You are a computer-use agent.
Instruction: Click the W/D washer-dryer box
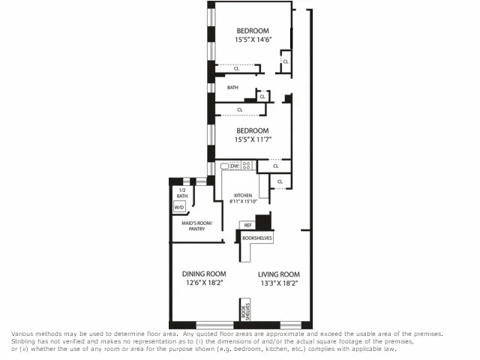point(179,206)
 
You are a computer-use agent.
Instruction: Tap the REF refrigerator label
point(247,224)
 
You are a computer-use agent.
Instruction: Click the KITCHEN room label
point(243,196)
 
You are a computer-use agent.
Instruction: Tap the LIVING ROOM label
point(279,274)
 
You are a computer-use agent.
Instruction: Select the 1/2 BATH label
point(182,193)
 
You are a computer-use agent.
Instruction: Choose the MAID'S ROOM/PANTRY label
point(196,226)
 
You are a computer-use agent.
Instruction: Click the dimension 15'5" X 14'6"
point(253,40)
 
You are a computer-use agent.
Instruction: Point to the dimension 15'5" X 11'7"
point(253,139)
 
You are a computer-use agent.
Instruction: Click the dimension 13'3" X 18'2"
point(279,283)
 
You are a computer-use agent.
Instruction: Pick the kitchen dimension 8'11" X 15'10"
point(243,201)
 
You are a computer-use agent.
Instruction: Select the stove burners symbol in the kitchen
point(246,166)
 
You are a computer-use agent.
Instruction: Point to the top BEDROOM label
point(253,31)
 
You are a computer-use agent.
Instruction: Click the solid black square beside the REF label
point(262,223)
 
